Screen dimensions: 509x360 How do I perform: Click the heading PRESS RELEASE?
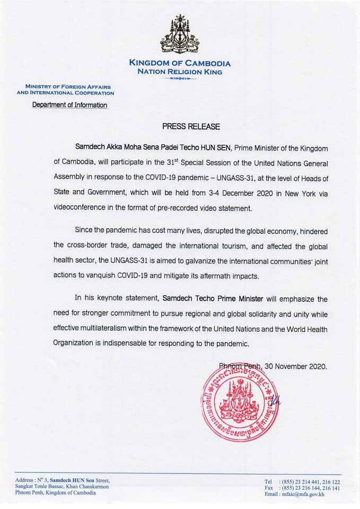point(190,127)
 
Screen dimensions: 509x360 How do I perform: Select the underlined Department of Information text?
point(69,105)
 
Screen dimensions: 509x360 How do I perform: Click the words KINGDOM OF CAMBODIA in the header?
point(180,64)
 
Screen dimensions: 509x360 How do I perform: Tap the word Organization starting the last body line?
point(74,344)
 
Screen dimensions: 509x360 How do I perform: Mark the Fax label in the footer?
point(270,488)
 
